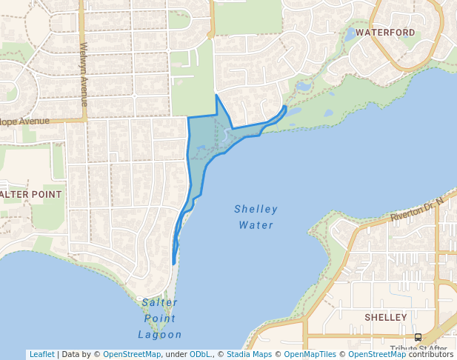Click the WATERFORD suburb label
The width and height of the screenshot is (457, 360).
(x=385, y=33)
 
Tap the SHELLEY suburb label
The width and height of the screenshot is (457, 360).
(x=386, y=317)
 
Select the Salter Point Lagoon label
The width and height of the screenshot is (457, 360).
(x=160, y=319)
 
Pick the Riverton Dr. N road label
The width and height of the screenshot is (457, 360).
(x=418, y=210)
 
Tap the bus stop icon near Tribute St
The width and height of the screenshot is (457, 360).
(x=418, y=337)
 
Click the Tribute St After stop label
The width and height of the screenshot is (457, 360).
(x=418, y=348)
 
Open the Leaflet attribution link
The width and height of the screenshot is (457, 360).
(x=41, y=354)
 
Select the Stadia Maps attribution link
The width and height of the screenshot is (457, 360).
(x=249, y=354)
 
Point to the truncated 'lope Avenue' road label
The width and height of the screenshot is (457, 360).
(x=24, y=121)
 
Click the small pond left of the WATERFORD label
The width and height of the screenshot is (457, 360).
(x=350, y=34)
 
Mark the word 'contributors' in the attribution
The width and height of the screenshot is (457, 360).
(x=430, y=354)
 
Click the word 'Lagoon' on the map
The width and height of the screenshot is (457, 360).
(x=160, y=335)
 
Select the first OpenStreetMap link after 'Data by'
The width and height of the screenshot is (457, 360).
(x=132, y=354)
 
